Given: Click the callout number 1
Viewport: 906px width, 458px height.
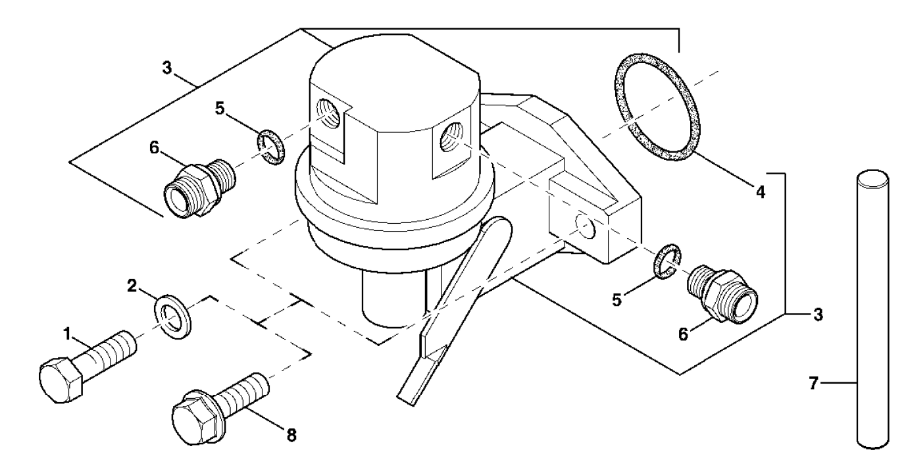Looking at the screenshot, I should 67,334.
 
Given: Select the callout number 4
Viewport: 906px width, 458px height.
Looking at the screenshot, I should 760,193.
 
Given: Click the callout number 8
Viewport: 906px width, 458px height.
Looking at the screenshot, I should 290,434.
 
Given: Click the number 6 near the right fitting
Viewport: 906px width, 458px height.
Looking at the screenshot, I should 683,334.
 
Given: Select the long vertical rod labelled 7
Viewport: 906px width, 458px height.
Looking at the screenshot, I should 873,309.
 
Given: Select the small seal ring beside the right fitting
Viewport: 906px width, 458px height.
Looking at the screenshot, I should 666,261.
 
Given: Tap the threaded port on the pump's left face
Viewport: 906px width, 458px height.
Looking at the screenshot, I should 329,112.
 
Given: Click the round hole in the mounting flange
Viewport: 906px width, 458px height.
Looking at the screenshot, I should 582,225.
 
